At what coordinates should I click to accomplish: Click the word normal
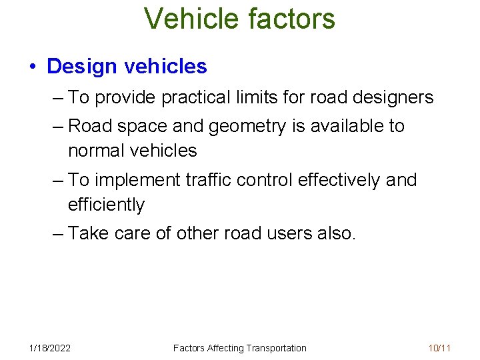(96, 151)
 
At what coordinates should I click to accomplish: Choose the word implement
(137, 180)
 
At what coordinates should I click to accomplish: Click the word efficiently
(106, 205)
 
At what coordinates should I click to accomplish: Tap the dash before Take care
(58, 233)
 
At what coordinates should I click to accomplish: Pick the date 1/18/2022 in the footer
(50, 348)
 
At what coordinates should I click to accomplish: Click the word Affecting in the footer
(225, 348)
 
